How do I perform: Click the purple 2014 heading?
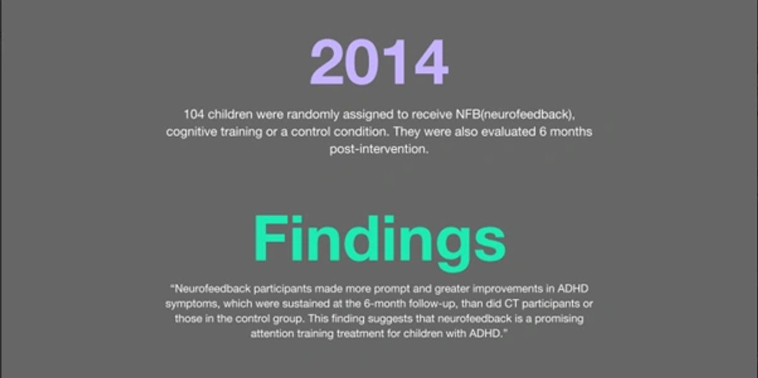[x=380, y=62]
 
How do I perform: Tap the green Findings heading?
[x=380, y=242]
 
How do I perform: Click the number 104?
[x=194, y=114]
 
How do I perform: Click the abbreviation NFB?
[x=468, y=114]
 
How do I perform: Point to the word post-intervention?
[x=379, y=149]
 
